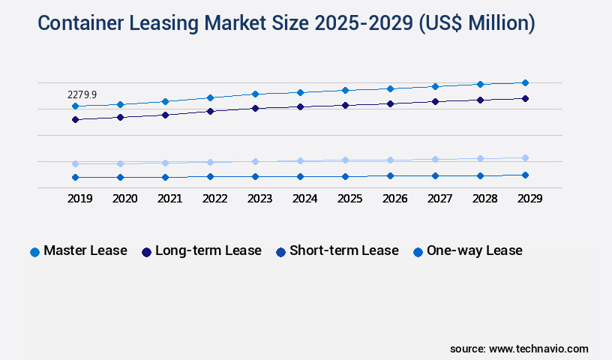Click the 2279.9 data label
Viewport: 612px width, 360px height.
(82, 95)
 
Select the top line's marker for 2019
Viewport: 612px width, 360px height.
(75, 106)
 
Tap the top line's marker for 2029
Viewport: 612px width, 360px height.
(525, 82)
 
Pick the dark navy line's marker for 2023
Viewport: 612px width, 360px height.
(255, 108)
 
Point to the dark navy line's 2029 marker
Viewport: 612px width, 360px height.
(525, 98)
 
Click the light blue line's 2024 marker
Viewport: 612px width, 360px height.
(300, 160)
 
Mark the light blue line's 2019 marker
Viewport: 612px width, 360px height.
(75, 163)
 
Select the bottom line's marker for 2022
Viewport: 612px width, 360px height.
(210, 177)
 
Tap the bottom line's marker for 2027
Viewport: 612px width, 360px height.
(435, 175)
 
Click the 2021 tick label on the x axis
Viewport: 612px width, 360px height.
(169, 199)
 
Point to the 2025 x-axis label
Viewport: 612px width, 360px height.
(349, 199)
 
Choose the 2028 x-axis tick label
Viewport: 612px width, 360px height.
(484, 199)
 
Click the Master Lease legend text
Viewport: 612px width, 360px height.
(85, 250)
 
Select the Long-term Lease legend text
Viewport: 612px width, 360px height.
(208, 250)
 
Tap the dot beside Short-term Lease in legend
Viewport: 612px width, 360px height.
(280, 252)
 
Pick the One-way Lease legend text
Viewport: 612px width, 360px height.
(475, 250)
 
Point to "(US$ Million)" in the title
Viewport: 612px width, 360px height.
(475, 23)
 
